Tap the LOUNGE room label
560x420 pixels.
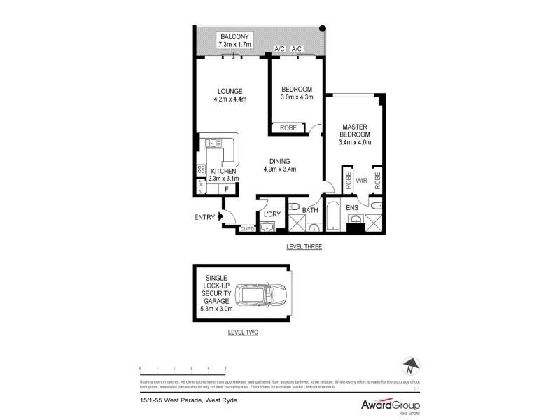click(229, 91)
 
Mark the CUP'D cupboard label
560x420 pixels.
click(247, 229)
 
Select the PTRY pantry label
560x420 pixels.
click(200, 188)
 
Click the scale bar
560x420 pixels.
click(182, 367)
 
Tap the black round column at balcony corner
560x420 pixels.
click(322, 29)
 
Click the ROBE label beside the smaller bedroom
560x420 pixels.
click(288, 127)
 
